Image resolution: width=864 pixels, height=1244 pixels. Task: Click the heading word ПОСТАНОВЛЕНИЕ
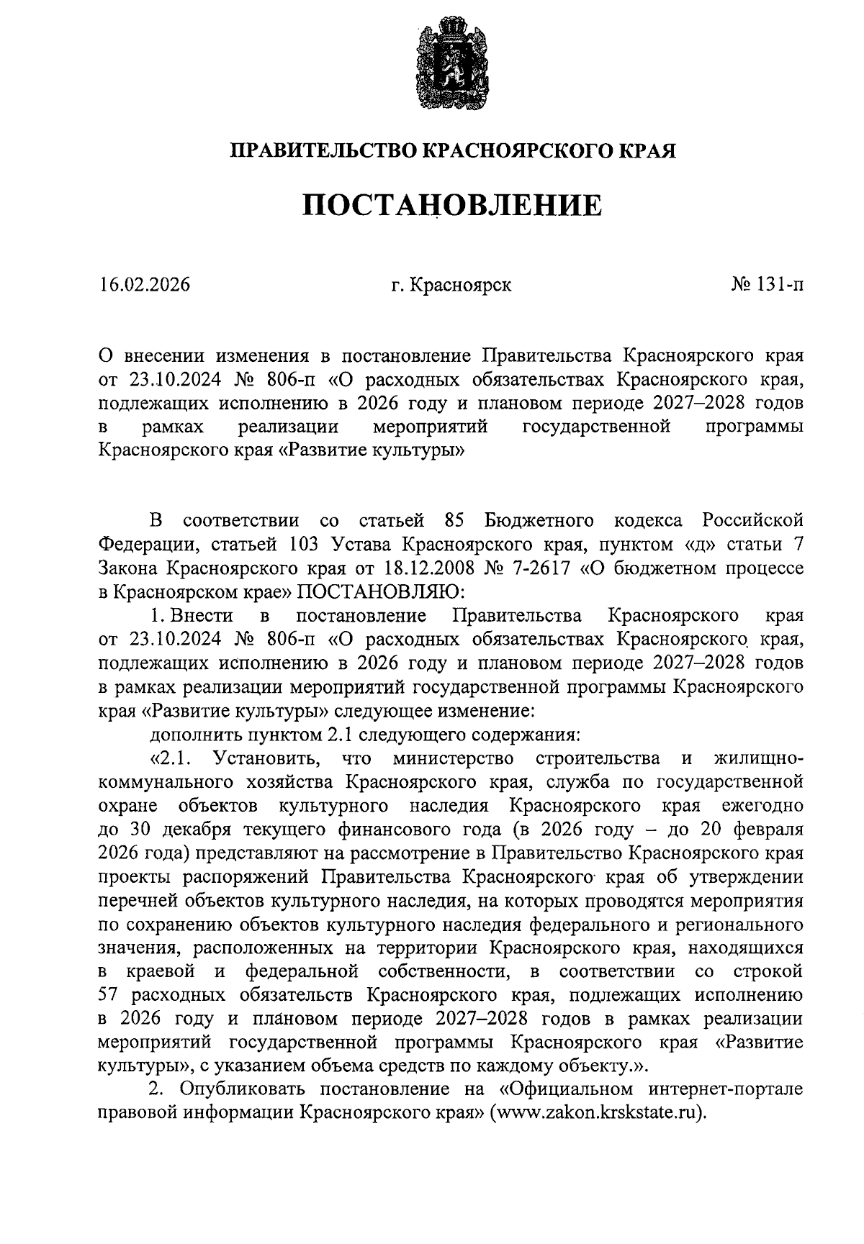(451, 205)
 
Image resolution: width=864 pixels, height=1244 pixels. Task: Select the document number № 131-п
(767, 285)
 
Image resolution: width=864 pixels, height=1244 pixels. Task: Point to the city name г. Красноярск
(451, 285)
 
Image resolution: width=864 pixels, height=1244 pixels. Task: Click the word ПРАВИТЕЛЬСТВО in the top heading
(323, 150)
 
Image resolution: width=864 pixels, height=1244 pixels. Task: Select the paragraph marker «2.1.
(169, 758)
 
